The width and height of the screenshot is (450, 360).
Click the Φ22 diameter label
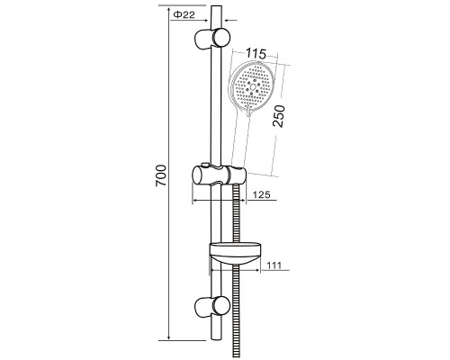[x=184, y=14]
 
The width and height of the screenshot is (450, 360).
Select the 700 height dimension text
[x=161, y=175]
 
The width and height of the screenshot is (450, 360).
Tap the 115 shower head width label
[x=256, y=54]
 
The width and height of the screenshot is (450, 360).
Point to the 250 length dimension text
[x=279, y=116]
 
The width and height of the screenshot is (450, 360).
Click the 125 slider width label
[x=261, y=194]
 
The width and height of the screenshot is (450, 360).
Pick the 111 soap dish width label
[x=274, y=265]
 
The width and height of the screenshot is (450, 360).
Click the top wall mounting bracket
[x=212, y=38]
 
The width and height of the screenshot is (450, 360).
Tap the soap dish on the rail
[x=235, y=254]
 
